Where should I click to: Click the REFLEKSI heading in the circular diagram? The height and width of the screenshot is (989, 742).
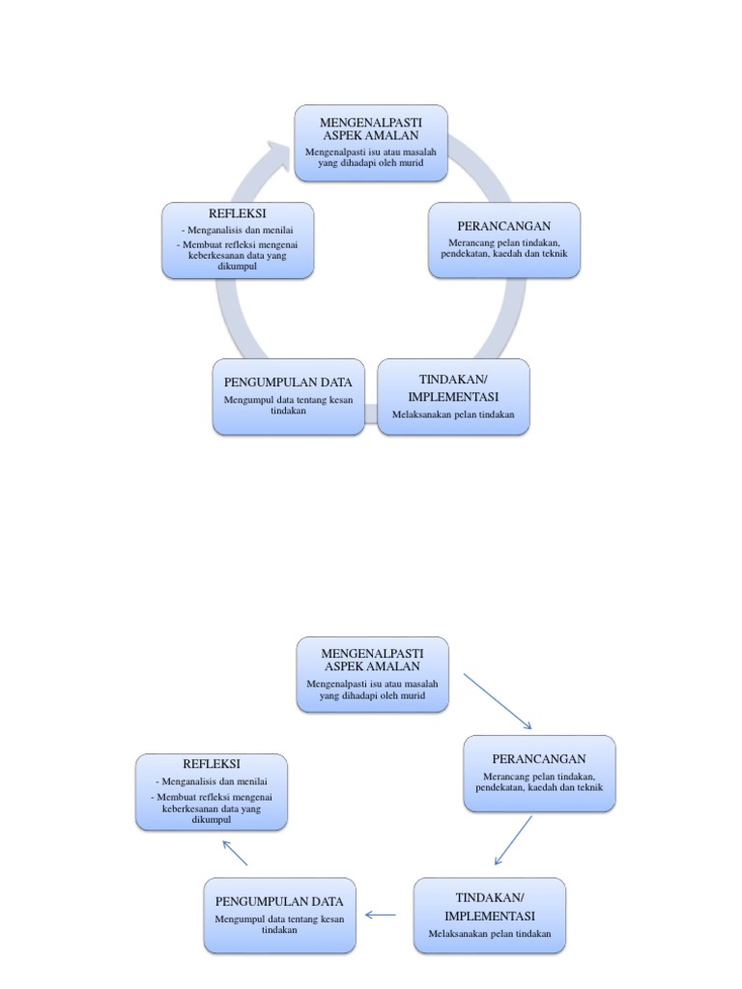click(x=237, y=212)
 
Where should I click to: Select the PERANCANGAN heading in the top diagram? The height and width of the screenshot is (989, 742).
click(x=504, y=225)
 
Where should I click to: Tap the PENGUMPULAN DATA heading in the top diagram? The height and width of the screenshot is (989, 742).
click(x=288, y=382)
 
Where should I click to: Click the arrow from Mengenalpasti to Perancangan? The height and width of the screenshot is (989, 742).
click(x=498, y=701)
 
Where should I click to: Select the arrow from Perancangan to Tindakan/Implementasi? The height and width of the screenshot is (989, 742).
click(x=513, y=839)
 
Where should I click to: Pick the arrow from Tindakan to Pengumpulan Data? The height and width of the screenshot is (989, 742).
click(x=382, y=915)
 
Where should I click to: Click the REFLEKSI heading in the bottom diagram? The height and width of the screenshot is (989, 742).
click(x=211, y=764)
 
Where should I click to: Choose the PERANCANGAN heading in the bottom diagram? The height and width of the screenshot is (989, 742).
click(x=539, y=758)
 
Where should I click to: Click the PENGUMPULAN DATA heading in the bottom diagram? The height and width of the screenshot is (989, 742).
click(x=279, y=901)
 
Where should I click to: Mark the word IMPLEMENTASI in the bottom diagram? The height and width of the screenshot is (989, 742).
click(x=490, y=916)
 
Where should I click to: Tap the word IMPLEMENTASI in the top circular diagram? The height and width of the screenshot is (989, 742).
click(x=453, y=397)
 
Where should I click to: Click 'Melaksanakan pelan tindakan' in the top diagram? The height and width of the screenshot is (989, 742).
click(x=453, y=415)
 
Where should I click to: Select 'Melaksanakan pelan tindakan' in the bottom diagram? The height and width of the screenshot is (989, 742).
click(x=490, y=934)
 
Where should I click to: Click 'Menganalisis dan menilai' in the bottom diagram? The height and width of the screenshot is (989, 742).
click(x=211, y=781)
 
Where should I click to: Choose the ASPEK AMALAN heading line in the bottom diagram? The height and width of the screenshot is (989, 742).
click(x=372, y=666)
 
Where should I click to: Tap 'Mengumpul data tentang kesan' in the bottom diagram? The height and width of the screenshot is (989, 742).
click(x=279, y=918)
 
